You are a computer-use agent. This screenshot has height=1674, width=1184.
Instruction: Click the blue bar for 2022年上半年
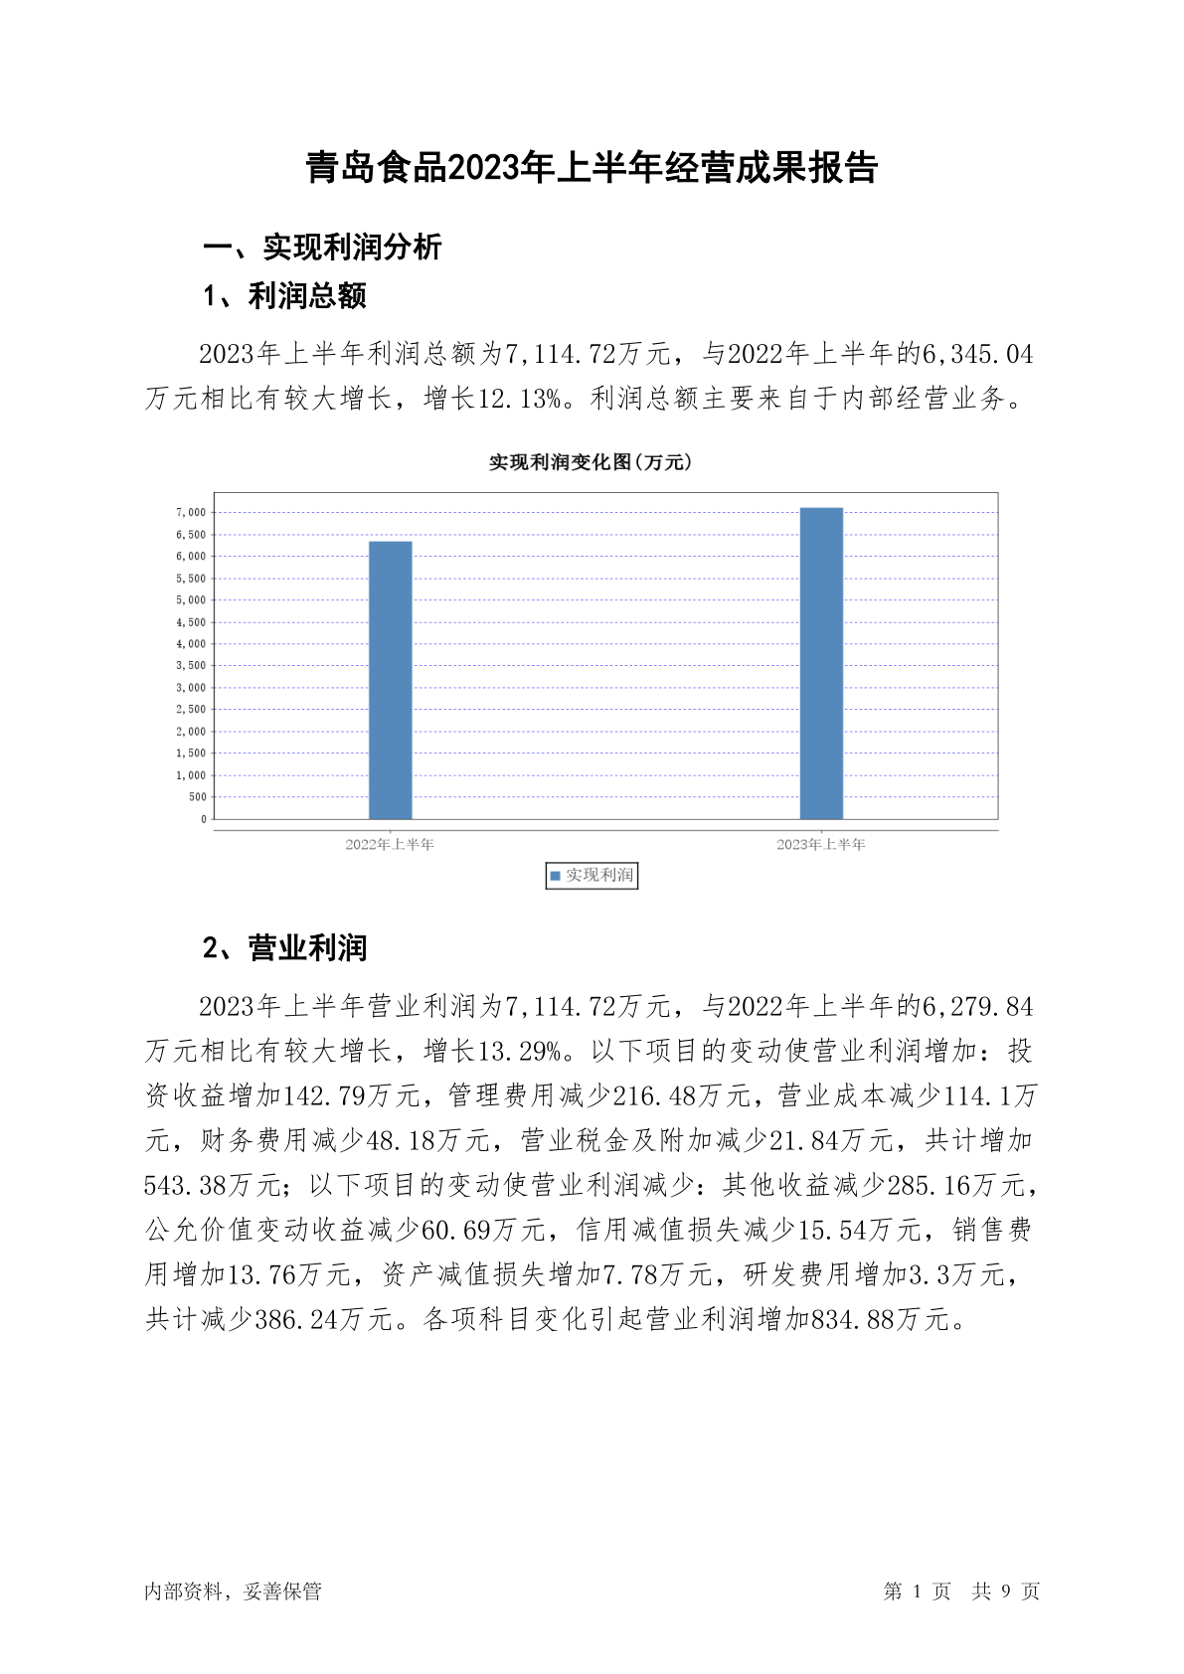pyautogui.click(x=390, y=680)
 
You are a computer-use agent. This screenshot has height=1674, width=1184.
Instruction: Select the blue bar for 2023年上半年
pyautogui.click(x=821, y=663)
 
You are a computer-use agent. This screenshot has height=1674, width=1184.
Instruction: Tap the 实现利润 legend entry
pyautogui.click(x=592, y=876)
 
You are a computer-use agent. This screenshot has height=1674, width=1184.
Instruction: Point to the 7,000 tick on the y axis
pyautogui.click(x=191, y=513)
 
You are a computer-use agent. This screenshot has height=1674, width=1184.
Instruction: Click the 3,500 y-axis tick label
pyautogui.click(x=191, y=666)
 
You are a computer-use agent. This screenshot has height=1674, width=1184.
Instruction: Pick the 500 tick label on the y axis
pyautogui.click(x=197, y=797)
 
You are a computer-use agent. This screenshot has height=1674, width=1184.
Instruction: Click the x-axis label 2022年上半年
pyautogui.click(x=390, y=845)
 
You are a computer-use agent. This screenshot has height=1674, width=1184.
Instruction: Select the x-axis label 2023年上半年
pyautogui.click(x=821, y=845)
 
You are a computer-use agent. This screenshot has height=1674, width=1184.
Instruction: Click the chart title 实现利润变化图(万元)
pyautogui.click(x=591, y=462)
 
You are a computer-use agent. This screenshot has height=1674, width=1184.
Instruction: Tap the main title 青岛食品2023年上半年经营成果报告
pyautogui.click(x=592, y=168)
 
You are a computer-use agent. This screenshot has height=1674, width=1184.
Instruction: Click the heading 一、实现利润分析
pyautogui.click(x=322, y=248)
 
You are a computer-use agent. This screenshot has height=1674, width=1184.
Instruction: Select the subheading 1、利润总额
pyautogui.click(x=284, y=296)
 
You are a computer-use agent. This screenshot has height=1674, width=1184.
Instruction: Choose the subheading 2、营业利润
pyautogui.click(x=284, y=948)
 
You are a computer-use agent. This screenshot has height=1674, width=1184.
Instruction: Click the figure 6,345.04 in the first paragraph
pyautogui.click(x=978, y=355)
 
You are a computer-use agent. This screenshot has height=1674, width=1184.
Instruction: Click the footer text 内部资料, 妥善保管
pyautogui.click(x=233, y=1591)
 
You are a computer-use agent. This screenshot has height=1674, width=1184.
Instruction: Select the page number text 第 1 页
pyautogui.click(x=917, y=1591)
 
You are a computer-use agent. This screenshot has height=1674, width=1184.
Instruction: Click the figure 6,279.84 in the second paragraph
pyautogui.click(x=978, y=1007)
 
